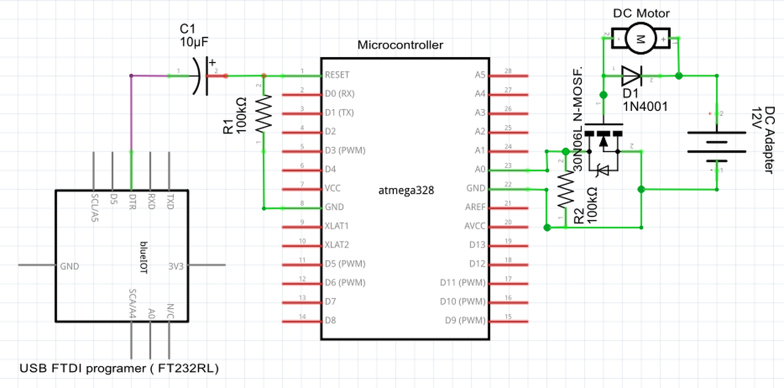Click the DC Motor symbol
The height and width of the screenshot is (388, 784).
click(x=641, y=39)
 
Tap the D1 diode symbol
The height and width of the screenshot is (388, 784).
click(x=631, y=76)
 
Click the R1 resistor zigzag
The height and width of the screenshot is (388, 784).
click(x=263, y=114)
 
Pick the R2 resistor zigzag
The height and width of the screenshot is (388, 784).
click(x=565, y=188)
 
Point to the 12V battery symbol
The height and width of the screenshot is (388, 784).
click(x=716, y=142)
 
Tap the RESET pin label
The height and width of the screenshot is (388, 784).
click(x=337, y=75)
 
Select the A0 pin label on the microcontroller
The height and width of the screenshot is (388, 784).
click(x=480, y=169)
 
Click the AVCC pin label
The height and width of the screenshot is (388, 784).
click(x=475, y=226)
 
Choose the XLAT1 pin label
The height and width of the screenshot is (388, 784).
click(x=337, y=226)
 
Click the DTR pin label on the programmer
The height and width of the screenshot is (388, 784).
click(x=132, y=203)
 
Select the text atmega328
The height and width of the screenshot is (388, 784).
click(x=406, y=191)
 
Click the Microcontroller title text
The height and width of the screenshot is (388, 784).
click(x=400, y=45)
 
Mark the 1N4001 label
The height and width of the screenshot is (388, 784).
click(x=645, y=107)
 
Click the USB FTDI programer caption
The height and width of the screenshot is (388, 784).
click(x=119, y=368)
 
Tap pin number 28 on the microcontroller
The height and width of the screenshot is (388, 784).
click(x=508, y=71)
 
